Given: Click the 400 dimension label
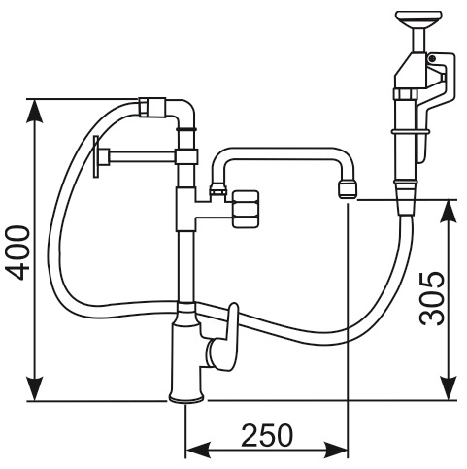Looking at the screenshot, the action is [x=18, y=252].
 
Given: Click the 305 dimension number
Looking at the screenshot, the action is [x=432, y=299].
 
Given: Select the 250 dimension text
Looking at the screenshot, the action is [x=267, y=435].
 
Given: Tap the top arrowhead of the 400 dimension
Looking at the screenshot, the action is [x=34, y=111].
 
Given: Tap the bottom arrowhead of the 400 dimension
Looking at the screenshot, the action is [x=34, y=389].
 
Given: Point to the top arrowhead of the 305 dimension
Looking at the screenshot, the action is [x=449, y=212].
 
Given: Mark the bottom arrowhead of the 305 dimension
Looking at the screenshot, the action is [x=449, y=388].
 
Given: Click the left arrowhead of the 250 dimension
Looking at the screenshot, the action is [x=197, y=450].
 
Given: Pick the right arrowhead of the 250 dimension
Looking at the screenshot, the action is [x=336, y=450].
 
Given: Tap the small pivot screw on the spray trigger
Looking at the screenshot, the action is [x=432, y=58].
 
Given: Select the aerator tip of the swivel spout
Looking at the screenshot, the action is [x=347, y=190].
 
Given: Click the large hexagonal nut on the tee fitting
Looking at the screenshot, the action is [x=246, y=209].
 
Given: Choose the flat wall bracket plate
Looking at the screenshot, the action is [x=96, y=156].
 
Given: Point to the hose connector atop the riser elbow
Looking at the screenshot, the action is [x=152, y=107].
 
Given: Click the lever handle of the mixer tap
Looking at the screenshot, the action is [x=232, y=337].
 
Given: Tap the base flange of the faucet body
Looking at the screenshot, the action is [x=186, y=398].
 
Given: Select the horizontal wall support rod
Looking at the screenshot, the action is [x=143, y=156].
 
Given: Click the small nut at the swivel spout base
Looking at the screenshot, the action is [x=218, y=190].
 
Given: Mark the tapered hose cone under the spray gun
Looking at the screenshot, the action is [x=405, y=198].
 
